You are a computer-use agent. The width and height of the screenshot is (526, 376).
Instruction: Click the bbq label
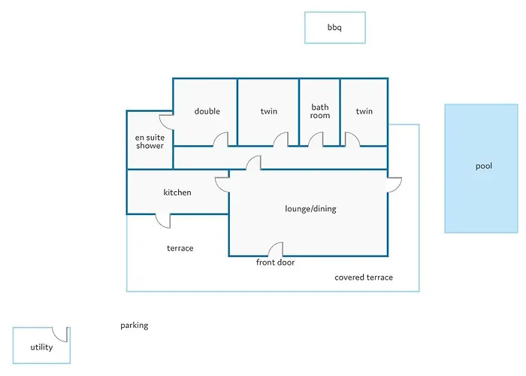pos(334,28)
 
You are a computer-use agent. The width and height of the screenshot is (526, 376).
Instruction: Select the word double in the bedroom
pos(207,112)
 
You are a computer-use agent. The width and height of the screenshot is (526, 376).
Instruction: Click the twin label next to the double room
pos(269,112)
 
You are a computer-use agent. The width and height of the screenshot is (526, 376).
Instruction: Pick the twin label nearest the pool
pos(364,112)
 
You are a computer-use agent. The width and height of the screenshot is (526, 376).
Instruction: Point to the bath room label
pos(320,112)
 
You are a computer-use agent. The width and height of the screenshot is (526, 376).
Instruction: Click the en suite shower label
pos(150,141)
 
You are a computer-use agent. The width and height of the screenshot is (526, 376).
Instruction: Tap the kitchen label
pos(177,193)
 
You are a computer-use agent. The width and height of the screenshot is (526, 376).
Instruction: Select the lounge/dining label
pos(310,208)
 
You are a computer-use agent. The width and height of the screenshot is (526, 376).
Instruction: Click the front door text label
pos(276,262)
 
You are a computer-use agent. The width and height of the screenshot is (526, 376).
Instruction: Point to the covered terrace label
pos(364,277)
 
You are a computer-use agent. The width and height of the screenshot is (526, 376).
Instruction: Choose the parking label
pos(135,326)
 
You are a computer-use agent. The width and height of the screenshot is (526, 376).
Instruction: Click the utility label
pos(41,347)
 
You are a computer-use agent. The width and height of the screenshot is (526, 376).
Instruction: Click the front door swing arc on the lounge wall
pos(276,249)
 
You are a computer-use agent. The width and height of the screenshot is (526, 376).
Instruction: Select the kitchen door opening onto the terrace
pos(162,220)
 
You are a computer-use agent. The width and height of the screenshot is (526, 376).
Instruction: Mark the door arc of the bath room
pos(316,140)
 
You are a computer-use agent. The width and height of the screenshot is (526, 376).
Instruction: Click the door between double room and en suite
pos(167,123)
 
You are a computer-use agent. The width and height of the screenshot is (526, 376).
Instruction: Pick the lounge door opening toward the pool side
pos(394,185)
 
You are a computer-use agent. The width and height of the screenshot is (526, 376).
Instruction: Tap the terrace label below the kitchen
pos(180,248)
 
